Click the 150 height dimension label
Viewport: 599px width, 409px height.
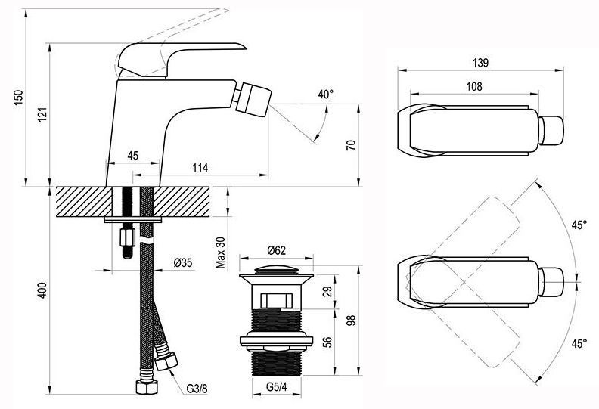pyautogui.click(x=18, y=98)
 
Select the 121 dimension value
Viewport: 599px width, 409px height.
pyautogui.click(x=42, y=115)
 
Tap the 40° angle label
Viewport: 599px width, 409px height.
pyautogui.click(x=325, y=94)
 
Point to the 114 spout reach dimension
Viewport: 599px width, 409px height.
pyautogui.click(x=200, y=167)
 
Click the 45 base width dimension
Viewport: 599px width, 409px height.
pyautogui.click(x=132, y=156)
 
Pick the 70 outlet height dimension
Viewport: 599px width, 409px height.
pyautogui.click(x=351, y=144)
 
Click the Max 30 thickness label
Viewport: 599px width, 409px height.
pyautogui.click(x=220, y=253)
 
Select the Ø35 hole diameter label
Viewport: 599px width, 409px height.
pyautogui.click(x=183, y=263)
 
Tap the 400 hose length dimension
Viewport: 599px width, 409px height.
pyautogui.click(x=43, y=290)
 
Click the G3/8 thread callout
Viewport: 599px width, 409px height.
pyautogui.click(x=197, y=389)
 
